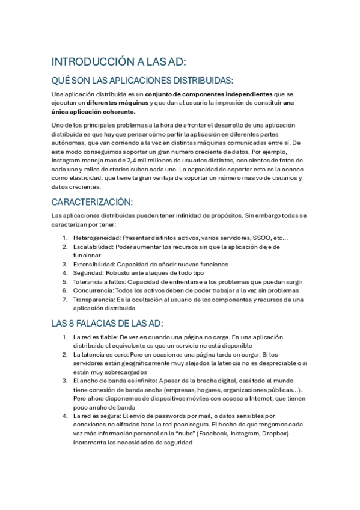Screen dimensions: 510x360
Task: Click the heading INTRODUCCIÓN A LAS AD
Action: [x=119, y=62]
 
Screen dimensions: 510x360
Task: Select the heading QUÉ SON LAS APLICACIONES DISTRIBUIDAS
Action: [x=142, y=81]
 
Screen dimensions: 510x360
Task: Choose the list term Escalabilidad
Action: [x=92, y=247]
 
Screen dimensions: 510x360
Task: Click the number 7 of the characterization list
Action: [x=65, y=298]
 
